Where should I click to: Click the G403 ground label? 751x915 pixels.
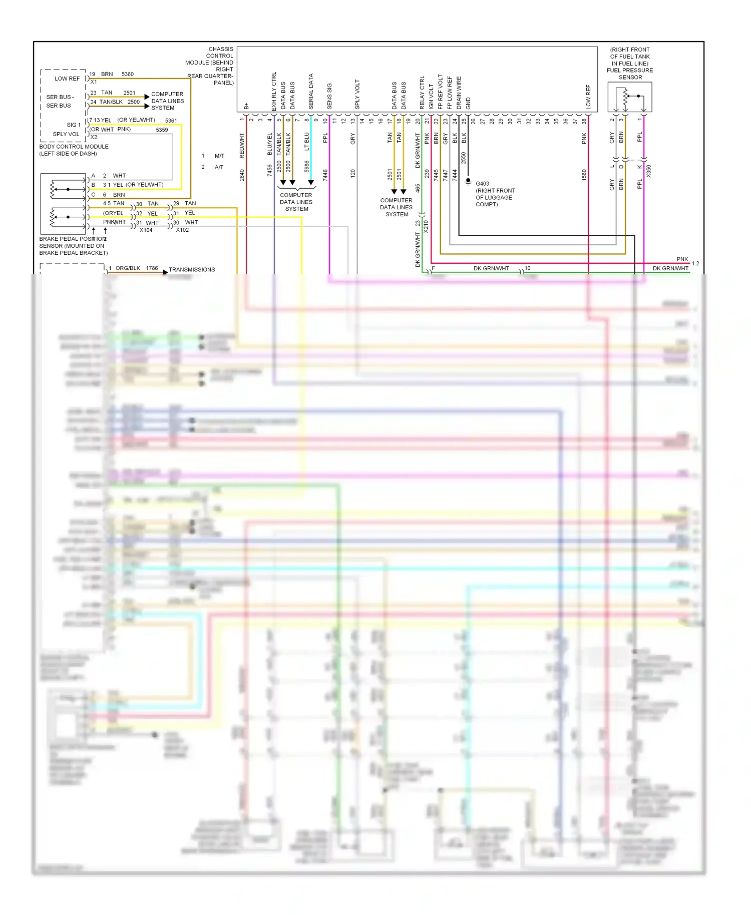[482, 184]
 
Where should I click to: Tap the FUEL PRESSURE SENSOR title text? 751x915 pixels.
[630, 74]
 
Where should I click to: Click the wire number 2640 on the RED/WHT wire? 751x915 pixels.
[242, 175]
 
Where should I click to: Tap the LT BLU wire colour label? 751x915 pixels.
[307, 141]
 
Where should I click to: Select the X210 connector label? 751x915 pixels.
[426, 226]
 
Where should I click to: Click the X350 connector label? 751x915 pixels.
[648, 171]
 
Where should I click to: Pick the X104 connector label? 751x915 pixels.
[146, 230]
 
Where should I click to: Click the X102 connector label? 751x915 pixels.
[182, 230]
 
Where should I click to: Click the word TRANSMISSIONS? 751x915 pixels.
[192, 270]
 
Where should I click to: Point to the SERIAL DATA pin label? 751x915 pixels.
[311, 92]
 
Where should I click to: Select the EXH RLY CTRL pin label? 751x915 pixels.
[274, 92]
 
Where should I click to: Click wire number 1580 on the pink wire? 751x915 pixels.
[584, 175]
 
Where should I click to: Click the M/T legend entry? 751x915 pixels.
[219, 156]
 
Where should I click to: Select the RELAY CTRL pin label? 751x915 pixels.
[422, 93]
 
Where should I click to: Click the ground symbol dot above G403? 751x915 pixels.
[468, 180]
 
